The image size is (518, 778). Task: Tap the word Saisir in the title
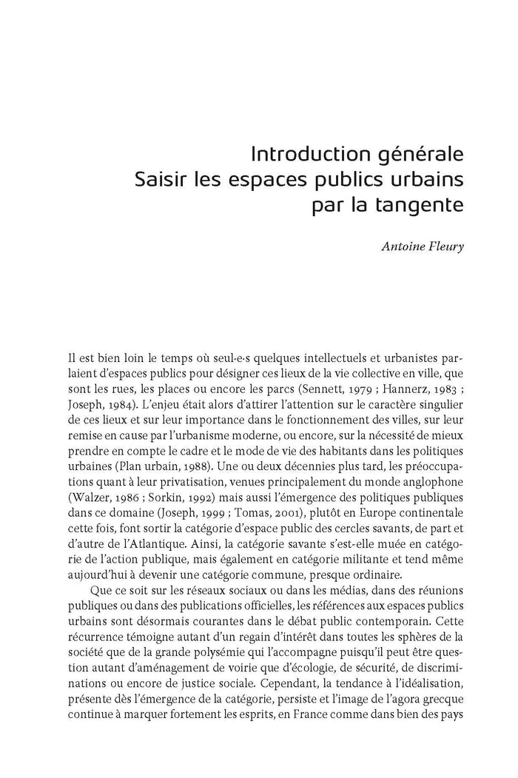(x=157, y=179)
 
